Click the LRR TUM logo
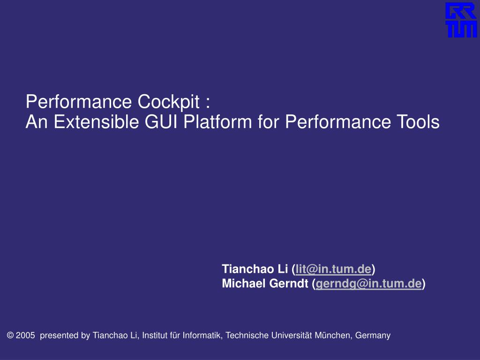461,20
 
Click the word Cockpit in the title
169,102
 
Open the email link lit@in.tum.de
333,269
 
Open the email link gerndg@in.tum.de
368,284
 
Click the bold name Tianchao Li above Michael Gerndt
255,269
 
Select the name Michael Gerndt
265,284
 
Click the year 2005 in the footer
25,335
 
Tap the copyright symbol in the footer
10,335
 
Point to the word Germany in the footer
373,336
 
